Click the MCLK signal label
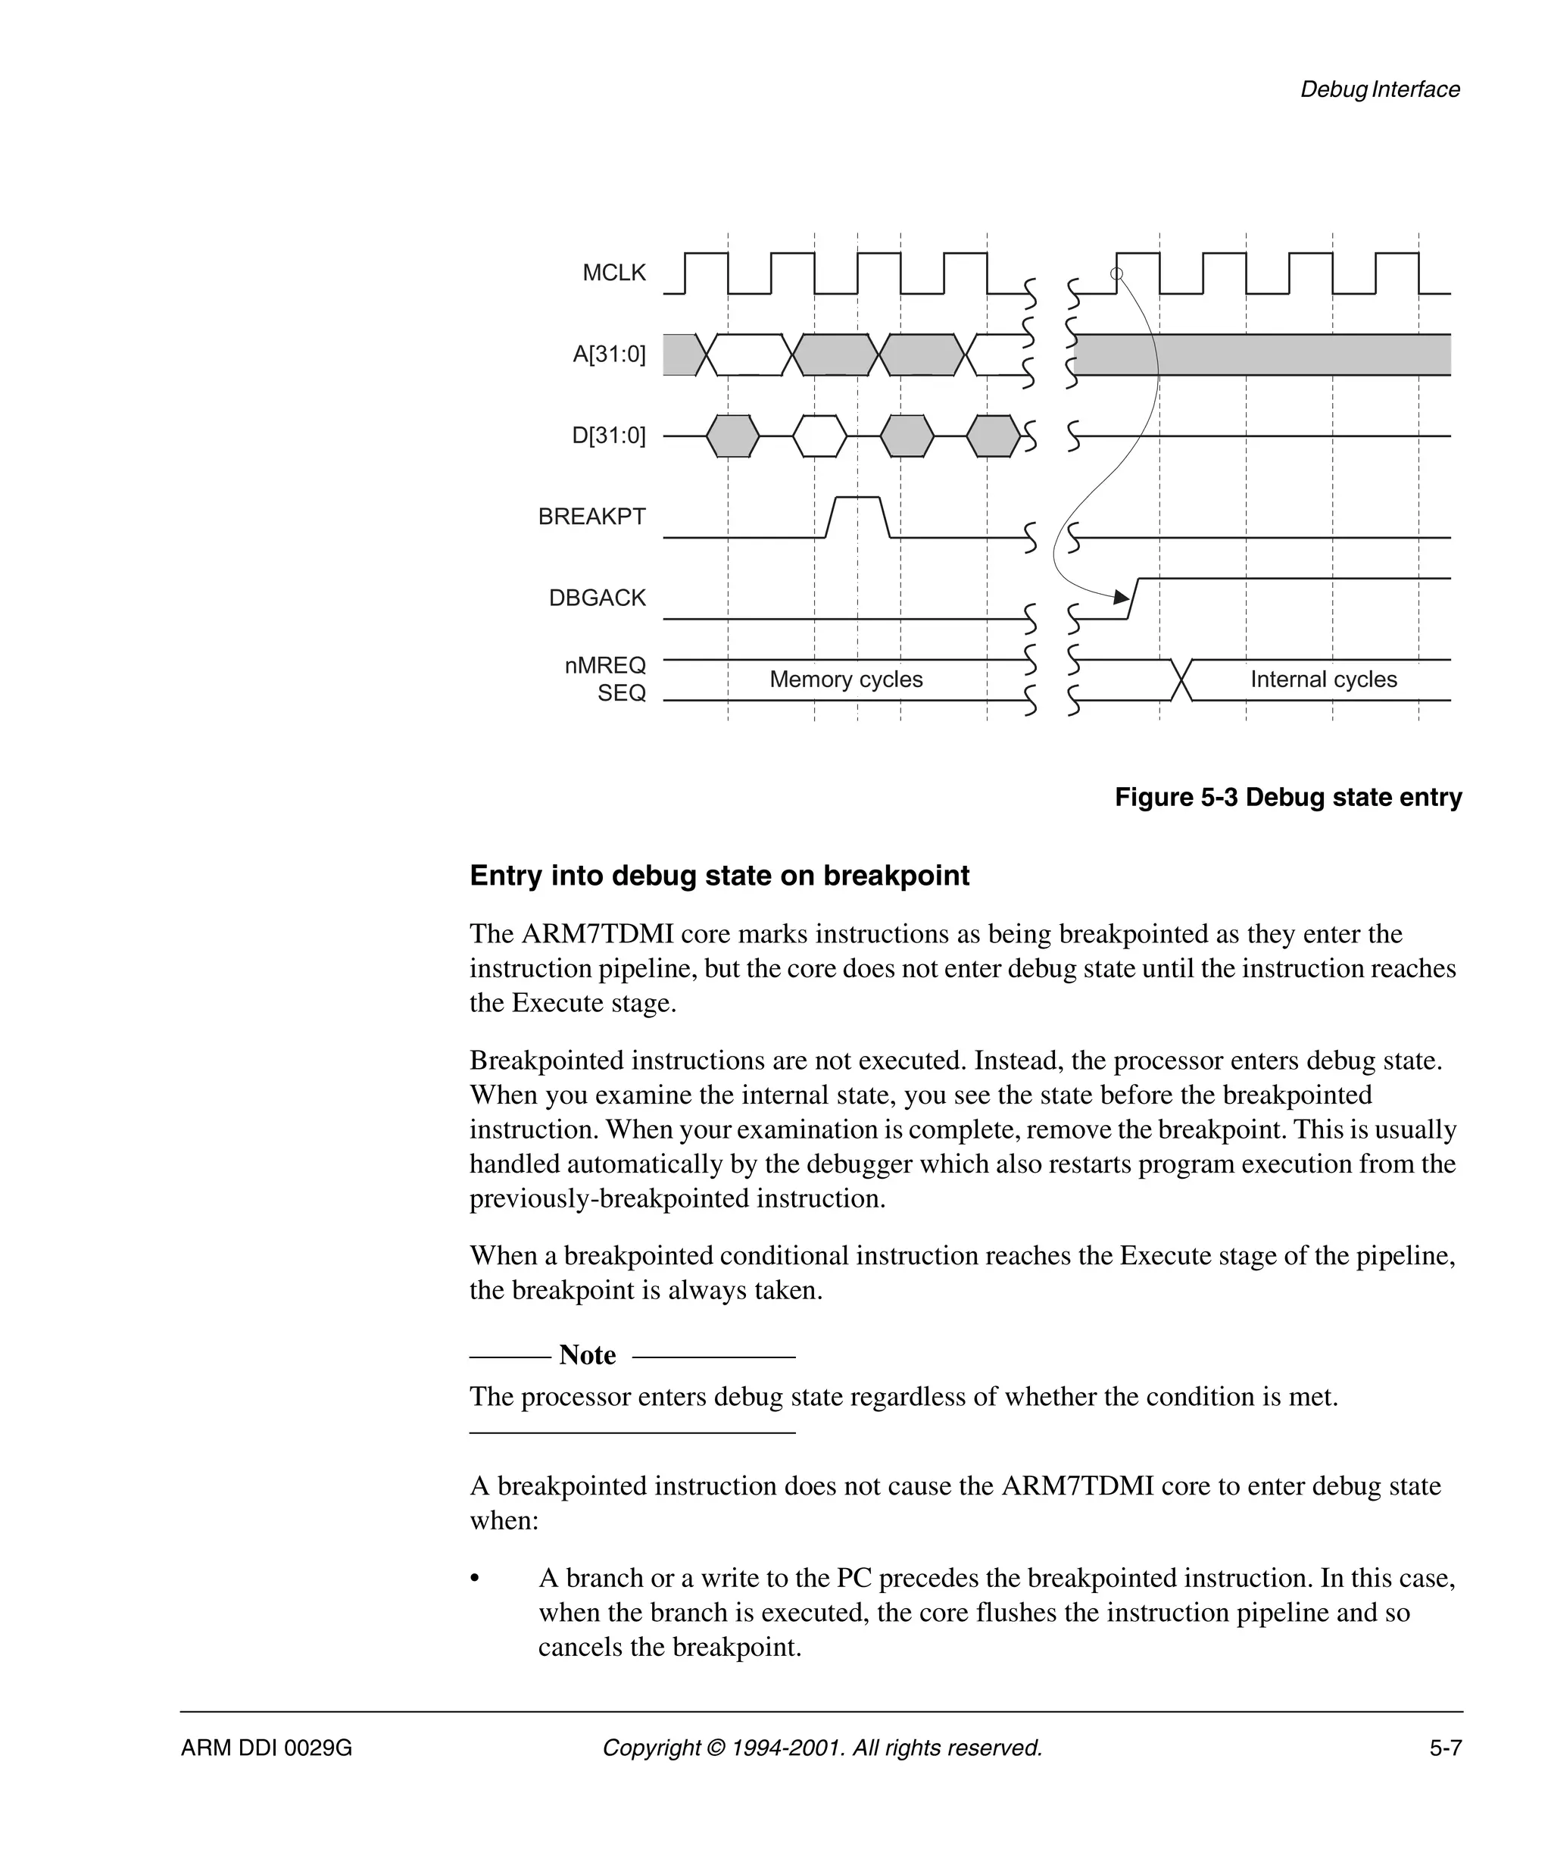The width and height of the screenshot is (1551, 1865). (613, 273)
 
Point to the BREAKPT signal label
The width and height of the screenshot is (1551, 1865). (591, 517)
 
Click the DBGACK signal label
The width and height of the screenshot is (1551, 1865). (597, 598)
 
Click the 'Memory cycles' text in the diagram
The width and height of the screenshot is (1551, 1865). (845, 679)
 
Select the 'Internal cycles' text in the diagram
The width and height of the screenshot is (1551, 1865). (1323, 679)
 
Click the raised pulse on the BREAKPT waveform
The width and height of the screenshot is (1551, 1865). (857, 500)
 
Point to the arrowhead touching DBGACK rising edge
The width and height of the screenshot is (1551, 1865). (1122, 598)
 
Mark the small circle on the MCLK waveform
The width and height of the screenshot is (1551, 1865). (1117, 273)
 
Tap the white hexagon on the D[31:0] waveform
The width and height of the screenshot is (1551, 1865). (819, 436)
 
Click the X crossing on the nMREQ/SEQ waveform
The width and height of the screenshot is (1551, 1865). (1181, 680)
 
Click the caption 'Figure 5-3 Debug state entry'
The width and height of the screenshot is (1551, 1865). (1287, 798)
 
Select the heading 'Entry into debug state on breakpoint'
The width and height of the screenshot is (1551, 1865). (719, 876)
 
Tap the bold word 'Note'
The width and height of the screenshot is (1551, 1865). (587, 1355)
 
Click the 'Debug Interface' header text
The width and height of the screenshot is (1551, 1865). (1379, 89)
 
